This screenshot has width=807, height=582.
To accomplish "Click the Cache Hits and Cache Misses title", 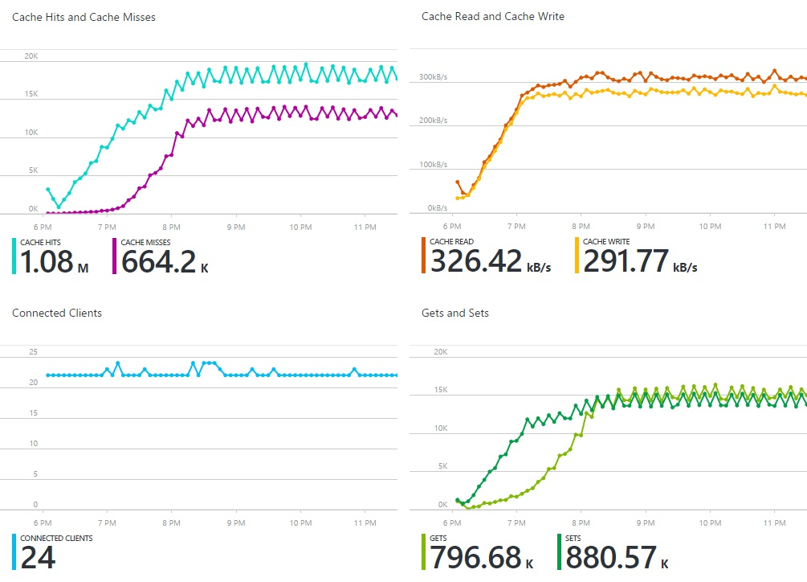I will tap(84, 17).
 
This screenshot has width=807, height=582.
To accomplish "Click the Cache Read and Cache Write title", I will tap(492, 16).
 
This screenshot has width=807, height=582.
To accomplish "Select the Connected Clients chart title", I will tap(57, 313).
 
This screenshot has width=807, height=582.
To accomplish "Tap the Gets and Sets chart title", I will tap(455, 313).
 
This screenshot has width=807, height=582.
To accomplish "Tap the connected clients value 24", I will tap(38, 557).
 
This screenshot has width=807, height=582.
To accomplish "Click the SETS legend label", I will tap(573, 538).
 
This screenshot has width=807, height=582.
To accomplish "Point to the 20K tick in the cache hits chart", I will tap(31, 55).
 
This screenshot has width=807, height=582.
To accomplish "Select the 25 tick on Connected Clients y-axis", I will tap(33, 352).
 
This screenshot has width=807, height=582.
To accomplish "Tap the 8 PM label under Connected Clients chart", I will tap(170, 522).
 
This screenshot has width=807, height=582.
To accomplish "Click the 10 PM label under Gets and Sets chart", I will tap(710, 522).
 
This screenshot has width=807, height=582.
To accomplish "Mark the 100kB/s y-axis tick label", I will tap(432, 165).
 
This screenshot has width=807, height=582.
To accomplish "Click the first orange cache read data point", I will tap(457, 182).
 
